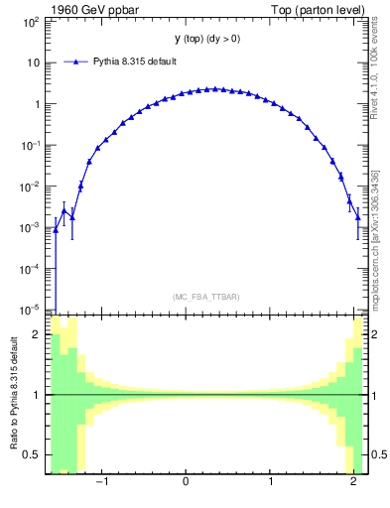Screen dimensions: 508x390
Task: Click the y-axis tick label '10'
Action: tap(33, 63)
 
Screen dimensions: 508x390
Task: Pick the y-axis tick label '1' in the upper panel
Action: tap(37, 104)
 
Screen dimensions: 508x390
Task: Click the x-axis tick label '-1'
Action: tap(102, 481)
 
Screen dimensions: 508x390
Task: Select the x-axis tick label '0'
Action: tap(187, 481)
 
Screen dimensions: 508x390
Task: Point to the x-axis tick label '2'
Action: tap(355, 481)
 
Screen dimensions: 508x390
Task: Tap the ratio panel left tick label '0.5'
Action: tap(33, 454)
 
